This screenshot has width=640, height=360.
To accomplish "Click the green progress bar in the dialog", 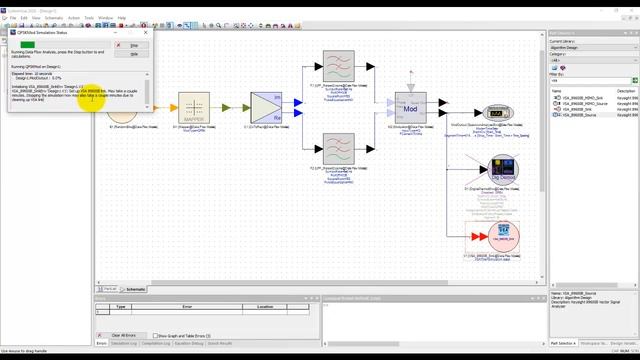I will [28, 45].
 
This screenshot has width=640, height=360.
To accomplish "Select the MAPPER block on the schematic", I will [193, 107].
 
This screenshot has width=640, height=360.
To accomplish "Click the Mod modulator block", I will [411, 107].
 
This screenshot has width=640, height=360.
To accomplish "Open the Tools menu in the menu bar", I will [89, 18].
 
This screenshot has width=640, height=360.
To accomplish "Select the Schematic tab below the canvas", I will [134, 289].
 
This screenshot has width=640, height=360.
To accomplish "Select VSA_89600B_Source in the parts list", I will [581, 115].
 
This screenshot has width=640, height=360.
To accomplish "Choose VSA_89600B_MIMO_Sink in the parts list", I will [583, 97].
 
